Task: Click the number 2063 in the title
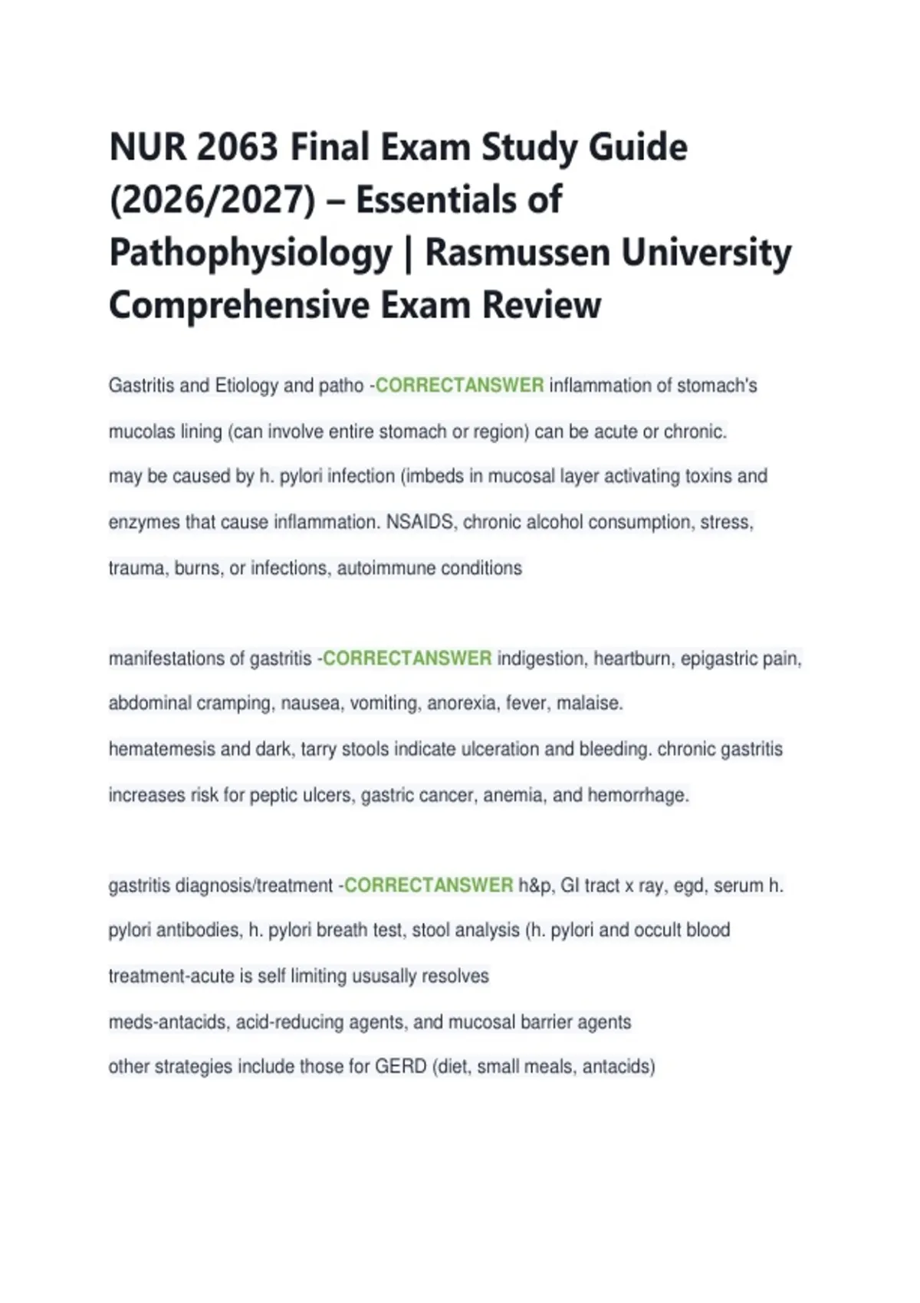click(x=237, y=146)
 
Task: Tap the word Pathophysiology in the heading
click(x=250, y=252)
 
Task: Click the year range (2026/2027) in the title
click(x=212, y=199)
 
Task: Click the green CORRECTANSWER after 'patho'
click(x=459, y=385)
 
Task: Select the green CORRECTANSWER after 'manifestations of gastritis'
click(x=407, y=658)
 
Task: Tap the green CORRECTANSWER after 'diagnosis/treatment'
click(x=429, y=885)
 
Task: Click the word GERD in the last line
click(x=400, y=1066)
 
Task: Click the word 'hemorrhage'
click(x=637, y=795)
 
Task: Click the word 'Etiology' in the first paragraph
click(x=246, y=385)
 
